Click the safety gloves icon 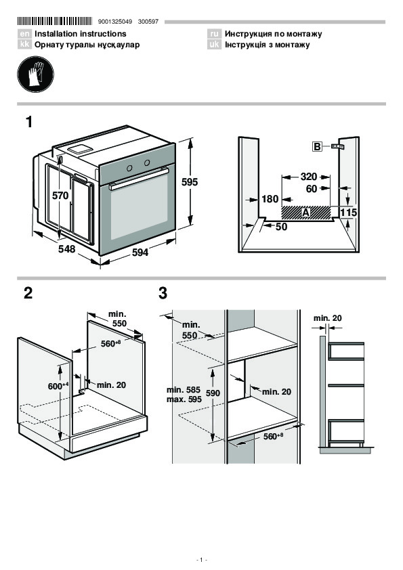click(35, 74)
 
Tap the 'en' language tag click(24, 34)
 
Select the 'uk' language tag click(214, 45)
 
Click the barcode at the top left click(55, 21)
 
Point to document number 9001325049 click(115, 22)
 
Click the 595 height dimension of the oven click(190, 181)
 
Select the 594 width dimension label click(140, 252)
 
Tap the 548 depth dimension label click(66, 249)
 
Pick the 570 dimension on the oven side click(60, 196)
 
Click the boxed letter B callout click(317, 146)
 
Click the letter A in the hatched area click(305, 213)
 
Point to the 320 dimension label click(308, 177)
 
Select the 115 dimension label click(348, 213)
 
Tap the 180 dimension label click(270, 199)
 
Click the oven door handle click(139, 178)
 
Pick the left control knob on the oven click(129, 168)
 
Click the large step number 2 click(28, 293)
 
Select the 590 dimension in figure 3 click(213, 393)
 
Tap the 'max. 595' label click(184, 399)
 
